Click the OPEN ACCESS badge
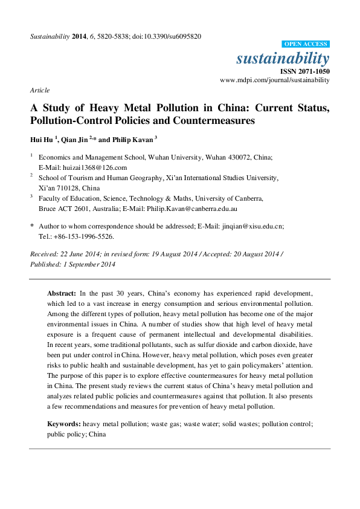tap(305, 44)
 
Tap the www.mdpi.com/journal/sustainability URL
tap(274, 79)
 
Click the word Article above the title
tap(39, 89)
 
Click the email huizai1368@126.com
tap(96, 167)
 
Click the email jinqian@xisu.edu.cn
tap(241, 225)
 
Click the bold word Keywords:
tap(65, 424)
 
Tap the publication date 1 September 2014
tap(87, 264)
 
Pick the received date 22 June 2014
tap(78, 254)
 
